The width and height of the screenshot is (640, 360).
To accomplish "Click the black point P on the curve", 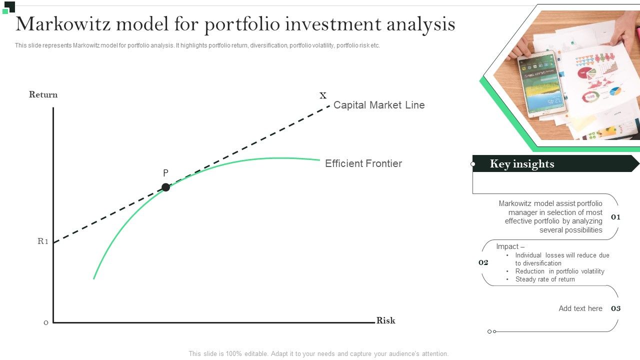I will [x=165, y=187].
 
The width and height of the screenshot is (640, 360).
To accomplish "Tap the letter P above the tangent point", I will [x=165, y=173].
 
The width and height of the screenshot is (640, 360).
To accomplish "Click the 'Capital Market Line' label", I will [x=378, y=105].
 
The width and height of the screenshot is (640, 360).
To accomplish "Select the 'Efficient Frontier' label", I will [x=363, y=163].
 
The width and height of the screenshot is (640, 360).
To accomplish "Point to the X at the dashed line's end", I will [x=323, y=95].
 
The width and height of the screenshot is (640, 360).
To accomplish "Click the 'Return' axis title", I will [x=43, y=94].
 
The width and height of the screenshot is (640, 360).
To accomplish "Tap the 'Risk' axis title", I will [x=385, y=320].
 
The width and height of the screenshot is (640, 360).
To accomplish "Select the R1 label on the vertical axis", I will [x=43, y=241].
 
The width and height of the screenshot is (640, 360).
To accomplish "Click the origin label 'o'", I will [x=46, y=322].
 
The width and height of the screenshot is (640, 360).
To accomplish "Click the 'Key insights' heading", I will [x=522, y=163].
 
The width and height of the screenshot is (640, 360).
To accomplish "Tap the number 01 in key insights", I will [x=615, y=217].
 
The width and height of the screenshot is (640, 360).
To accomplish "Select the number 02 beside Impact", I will [x=483, y=262].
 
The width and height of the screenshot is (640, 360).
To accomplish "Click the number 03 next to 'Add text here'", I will [x=615, y=308].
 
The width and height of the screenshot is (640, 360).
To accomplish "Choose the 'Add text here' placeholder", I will [x=580, y=308].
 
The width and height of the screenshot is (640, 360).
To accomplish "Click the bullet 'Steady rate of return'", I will [x=545, y=279].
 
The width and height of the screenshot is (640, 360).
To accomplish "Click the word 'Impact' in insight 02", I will [x=507, y=246].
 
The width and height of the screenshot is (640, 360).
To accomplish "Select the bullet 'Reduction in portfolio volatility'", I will [x=559, y=271].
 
